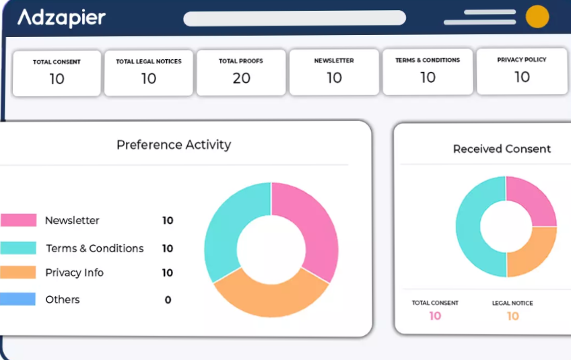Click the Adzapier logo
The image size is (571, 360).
click(61, 17)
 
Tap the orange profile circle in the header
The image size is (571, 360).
click(537, 16)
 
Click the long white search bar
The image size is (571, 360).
click(294, 18)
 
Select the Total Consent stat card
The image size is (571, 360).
click(57, 72)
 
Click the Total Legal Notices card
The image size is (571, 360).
click(148, 72)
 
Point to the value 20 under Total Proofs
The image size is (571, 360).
click(241, 79)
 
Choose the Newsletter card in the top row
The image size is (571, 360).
click(334, 71)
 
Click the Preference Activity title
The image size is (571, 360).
click(174, 145)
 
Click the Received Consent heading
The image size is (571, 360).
click(502, 149)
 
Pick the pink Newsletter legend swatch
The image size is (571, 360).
click(18, 220)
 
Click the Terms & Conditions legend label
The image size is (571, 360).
click(95, 248)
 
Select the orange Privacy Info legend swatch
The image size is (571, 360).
click(18, 273)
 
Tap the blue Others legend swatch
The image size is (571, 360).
click(18, 299)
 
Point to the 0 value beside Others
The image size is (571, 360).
click(168, 300)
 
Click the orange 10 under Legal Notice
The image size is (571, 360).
click(513, 316)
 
